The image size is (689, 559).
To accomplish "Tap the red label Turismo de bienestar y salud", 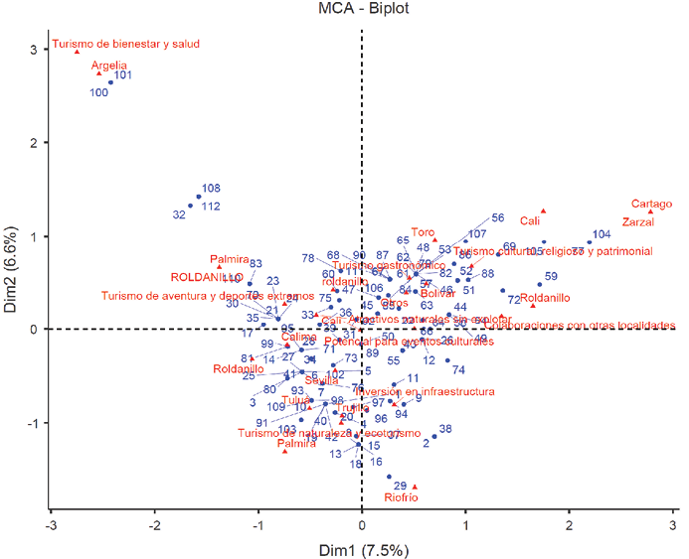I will tap(126, 44).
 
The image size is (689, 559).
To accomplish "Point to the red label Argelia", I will tap(110, 65).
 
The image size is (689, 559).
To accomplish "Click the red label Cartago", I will tap(651, 204).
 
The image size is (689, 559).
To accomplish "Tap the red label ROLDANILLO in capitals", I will tap(206, 277).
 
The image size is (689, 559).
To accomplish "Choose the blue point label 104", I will tap(602, 235).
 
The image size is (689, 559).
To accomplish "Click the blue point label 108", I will tap(211, 189).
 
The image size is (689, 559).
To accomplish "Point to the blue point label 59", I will tap(551, 277).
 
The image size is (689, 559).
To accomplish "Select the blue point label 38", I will tap(445, 430).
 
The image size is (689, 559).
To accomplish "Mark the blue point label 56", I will tap(498, 218).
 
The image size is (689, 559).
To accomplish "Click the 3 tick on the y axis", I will tap(33, 50).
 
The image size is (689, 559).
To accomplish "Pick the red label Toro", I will tap(423, 232).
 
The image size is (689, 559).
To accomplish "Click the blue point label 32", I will tap(179, 214).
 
